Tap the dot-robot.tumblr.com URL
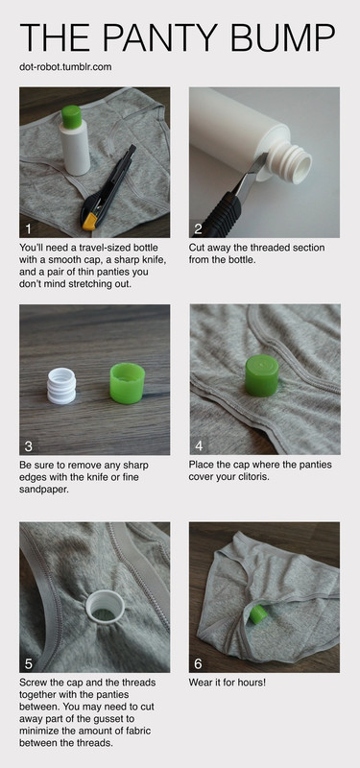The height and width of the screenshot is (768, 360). (65, 67)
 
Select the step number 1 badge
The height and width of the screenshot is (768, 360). (30, 228)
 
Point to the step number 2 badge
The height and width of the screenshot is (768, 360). (199, 228)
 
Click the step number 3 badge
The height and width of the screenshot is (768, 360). (30, 445)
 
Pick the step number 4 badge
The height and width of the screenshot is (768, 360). (199, 445)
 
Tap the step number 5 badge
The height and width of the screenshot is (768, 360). (30, 662)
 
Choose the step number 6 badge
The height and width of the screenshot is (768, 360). (199, 662)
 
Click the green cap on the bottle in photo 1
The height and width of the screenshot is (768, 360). (69, 116)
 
